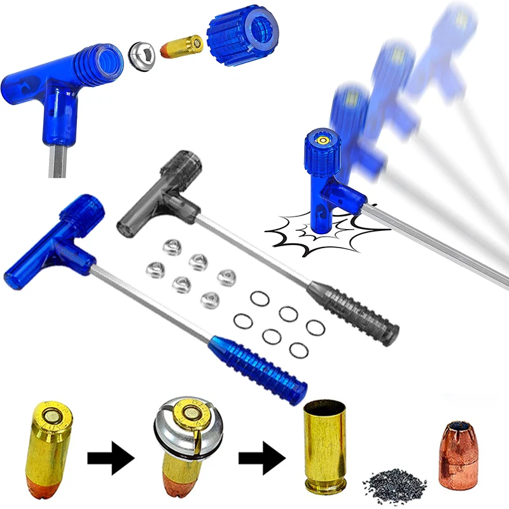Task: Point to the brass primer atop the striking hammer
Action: (322, 138)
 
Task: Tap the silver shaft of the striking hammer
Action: (433, 242)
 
